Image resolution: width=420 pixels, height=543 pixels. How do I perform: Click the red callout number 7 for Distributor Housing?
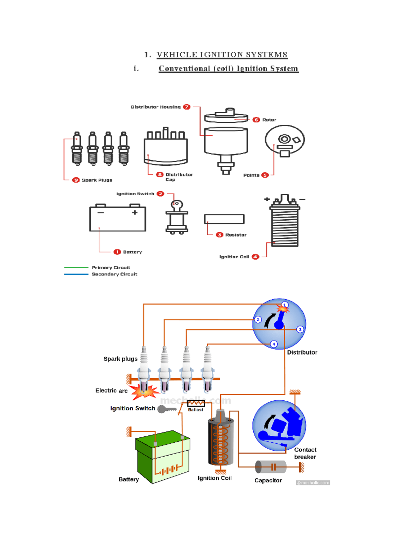[x=187, y=107]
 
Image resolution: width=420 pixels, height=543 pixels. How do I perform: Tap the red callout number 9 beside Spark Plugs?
[x=76, y=180]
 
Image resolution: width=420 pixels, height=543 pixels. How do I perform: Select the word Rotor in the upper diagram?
[x=269, y=120]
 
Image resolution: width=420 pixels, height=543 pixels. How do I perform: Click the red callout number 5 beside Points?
[x=265, y=175]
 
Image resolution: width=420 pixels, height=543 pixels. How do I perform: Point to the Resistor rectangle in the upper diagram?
[x=224, y=219]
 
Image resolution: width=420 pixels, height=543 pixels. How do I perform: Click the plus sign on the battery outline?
[x=135, y=212]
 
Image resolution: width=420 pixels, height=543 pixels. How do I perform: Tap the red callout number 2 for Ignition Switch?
[x=160, y=194]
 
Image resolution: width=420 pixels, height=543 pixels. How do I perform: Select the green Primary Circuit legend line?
[x=76, y=267]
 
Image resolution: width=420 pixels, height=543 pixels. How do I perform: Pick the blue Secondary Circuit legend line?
[x=76, y=274]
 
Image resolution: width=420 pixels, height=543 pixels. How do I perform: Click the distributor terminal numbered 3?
[x=300, y=329]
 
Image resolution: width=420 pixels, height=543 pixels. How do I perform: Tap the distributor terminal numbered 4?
[x=274, y=344]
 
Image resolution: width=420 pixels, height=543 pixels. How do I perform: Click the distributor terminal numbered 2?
[x=258, y=320]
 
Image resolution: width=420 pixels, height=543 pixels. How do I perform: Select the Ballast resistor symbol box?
[x=196, y=403]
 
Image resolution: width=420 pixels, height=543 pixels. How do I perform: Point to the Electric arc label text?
[x=111, y=391]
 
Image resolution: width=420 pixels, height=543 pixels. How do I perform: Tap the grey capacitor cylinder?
[x=271, y=467]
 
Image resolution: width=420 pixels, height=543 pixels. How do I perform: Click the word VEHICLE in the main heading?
[x=177, y=55]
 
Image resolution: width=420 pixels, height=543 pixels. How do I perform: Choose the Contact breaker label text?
[x=305, y=453]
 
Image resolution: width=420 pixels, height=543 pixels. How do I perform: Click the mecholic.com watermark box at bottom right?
[x=313, y=483]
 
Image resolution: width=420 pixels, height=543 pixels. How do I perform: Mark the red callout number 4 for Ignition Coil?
[x=255, y=257]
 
